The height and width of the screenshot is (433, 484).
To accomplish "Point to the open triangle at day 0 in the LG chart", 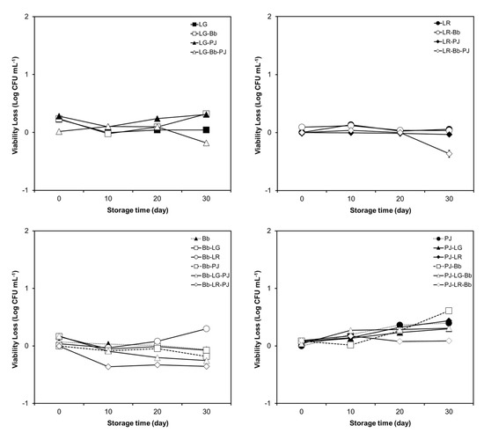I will tap(59, 131).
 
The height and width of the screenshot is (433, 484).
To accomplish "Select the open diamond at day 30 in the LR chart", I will tap(449, 153).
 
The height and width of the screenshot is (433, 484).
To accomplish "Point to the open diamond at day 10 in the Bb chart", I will tap(108, 366).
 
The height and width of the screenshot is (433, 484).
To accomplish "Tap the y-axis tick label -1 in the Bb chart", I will tap(36, 403).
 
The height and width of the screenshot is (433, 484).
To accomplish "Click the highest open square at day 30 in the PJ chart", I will tap(449, 311).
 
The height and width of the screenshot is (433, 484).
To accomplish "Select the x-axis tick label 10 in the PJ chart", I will tap(350, 415).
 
